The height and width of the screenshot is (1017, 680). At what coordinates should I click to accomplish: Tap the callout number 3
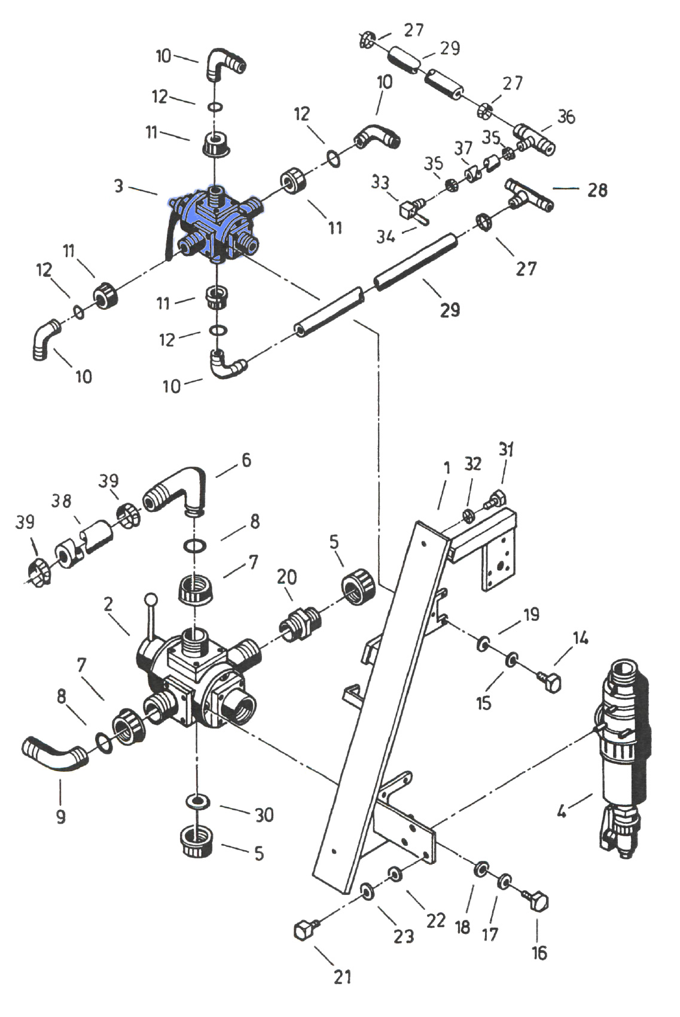[x=118, y=186]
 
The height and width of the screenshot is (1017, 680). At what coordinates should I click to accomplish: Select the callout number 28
[x=597, y=190]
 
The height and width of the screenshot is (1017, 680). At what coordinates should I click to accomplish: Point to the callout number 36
[x=566, y=117]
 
